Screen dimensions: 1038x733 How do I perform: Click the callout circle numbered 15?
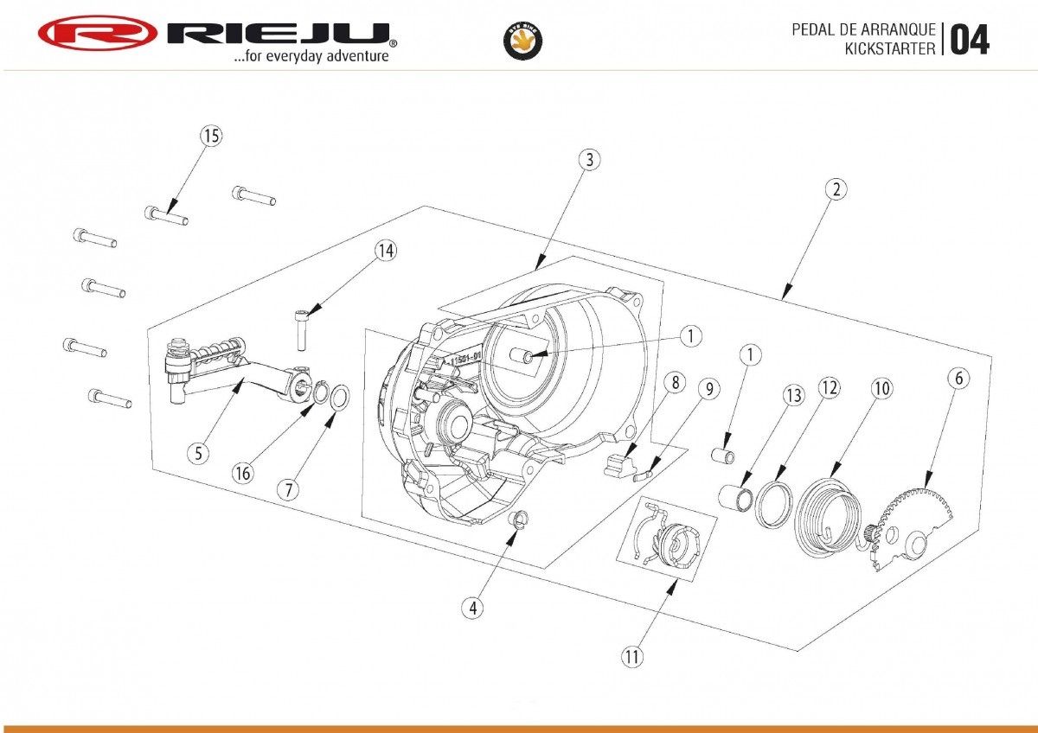[211, 136]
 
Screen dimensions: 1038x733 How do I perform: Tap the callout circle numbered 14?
[386, 251]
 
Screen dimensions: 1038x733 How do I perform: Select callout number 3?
[589, 159]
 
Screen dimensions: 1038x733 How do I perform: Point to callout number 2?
[836, 189]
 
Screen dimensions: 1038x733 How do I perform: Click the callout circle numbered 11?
[632, 656]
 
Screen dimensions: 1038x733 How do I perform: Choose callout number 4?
[472, 608]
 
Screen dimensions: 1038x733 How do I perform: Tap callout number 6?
[958, 379]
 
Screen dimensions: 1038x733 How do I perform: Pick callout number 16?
[243, 473]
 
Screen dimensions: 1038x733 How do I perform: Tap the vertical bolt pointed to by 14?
[301, 330]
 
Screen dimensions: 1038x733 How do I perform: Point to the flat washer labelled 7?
[340, 398]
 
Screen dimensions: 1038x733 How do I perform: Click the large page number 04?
[970, 40]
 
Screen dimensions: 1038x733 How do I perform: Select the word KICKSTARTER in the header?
[890, 48]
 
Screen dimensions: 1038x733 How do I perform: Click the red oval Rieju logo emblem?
[97, 33]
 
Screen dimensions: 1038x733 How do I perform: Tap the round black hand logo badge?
[522, 41]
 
